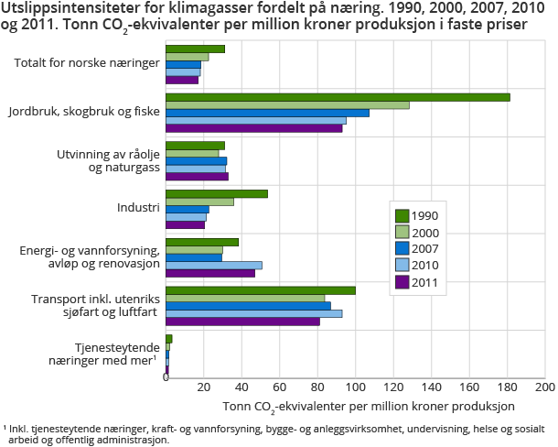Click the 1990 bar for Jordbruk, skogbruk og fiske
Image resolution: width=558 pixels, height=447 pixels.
point(338,97)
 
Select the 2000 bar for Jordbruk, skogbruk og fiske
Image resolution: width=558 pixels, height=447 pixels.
point(287,104)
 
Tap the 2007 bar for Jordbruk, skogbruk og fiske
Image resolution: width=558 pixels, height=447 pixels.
point(267,113)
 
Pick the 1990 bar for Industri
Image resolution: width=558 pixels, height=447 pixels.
point(217,193)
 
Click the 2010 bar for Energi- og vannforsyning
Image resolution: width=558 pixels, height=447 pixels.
point(214,265)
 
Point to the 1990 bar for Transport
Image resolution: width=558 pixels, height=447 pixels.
point(261,290)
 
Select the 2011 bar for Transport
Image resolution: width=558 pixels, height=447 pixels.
point(242,322)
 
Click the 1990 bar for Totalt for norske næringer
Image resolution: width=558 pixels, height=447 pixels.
point(195,49)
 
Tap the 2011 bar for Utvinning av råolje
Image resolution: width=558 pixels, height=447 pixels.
point(197,177)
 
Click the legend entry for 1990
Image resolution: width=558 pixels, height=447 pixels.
point(416,215)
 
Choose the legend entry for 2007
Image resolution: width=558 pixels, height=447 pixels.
point(416,249)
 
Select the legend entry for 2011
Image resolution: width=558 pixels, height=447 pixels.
point(416,282)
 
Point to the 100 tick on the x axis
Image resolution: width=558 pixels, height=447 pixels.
point(355,387)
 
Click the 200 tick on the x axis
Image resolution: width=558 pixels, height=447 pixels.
point(544,387)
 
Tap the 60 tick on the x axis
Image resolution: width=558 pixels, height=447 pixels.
point(279,387)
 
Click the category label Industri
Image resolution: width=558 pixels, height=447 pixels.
point(138,208)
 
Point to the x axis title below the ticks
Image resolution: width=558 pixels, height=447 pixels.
point(369,405)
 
